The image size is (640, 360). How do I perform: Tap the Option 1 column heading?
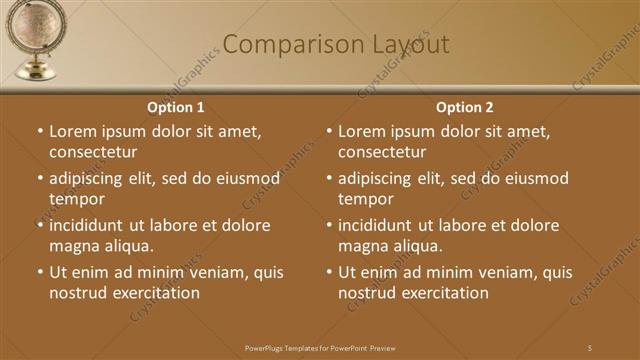coord(176,107)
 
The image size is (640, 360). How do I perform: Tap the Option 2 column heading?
coord(465,107)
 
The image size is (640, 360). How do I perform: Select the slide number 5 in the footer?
coord(589,347)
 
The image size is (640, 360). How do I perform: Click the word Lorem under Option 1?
coord(73,131)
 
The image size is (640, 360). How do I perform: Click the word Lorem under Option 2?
coord(362,131)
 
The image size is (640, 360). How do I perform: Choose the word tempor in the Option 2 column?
coord(365,199)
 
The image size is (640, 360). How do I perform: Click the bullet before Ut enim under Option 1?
coord(40,272)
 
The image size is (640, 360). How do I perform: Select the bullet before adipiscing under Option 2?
coord(329,179)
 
